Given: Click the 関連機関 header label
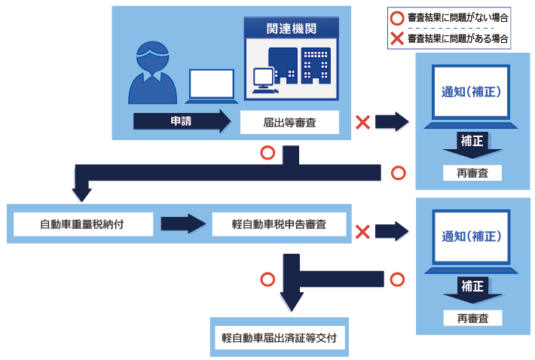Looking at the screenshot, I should (289, 29).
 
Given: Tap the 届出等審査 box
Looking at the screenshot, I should (289, 121).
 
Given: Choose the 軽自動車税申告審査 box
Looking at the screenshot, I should (279, 224).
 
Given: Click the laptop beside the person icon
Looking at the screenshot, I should (212, 86).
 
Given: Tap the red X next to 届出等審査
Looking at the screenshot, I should (362, 121).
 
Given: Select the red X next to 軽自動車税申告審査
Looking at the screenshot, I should (362, 231).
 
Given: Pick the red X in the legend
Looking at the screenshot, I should (397, 38).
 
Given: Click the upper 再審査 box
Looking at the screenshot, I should (472, 173).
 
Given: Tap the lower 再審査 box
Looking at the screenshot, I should (472, 318).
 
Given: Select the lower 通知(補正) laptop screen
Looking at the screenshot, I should (472, 236).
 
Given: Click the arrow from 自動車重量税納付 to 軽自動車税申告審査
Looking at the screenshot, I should (183, 224).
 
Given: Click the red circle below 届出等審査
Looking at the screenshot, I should (266, 153).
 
